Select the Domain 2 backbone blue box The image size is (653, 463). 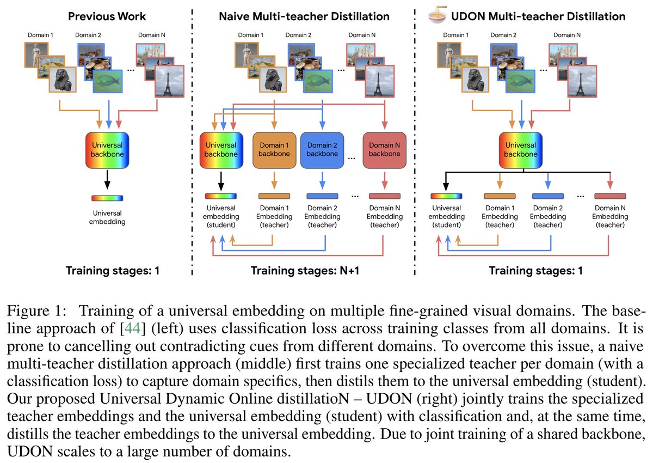click(323, 149)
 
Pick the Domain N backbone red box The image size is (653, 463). click(385, 149)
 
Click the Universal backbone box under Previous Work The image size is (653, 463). click(108, 149)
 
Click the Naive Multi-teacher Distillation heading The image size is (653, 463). click(304, 16)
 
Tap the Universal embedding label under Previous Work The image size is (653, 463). click(107, 217)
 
